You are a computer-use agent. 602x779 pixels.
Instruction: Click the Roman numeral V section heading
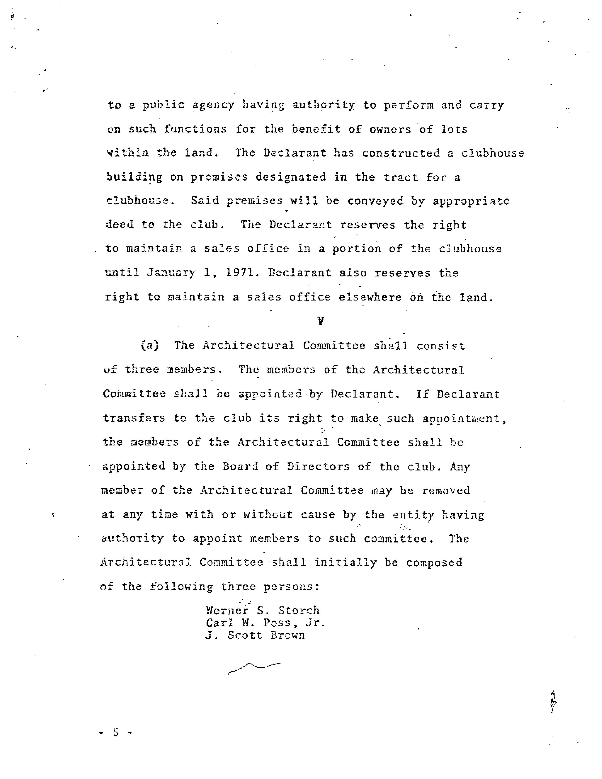tap(321, 321)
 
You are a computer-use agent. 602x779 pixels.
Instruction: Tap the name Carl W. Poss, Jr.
tap(266, 623)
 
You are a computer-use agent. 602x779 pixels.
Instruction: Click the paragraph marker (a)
tap(150, 345)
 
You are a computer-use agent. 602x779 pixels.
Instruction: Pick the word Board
tap(240, 466)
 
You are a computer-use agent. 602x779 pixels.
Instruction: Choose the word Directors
tap(318, 466)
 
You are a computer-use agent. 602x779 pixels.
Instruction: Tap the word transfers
tap(134, 418)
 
